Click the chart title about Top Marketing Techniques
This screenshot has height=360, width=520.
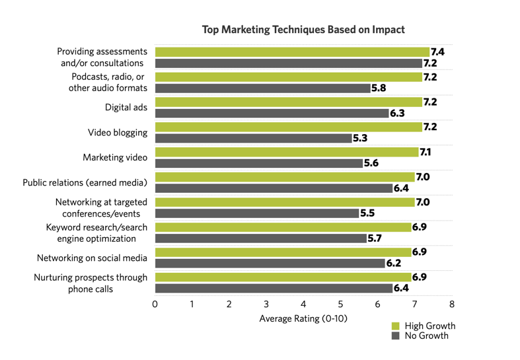click(x=303, y=30)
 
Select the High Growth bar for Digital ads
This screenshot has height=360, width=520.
click(x=288, y=102)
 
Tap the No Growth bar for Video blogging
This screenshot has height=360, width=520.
click(x=253, y=139)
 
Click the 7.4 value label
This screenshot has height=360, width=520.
click(x=437, y=52)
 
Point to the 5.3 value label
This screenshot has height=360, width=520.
click(x=359, y=139)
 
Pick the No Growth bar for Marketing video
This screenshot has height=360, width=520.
click(x=258, y=163)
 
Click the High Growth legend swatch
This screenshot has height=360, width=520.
click(x=396, y=326)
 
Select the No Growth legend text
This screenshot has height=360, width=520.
click(x=426, y=336)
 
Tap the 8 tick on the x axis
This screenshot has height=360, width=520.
click(x=452, y=305)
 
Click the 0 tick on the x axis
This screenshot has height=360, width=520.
click(x=155, y=305)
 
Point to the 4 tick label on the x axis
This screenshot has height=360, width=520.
click(x=303, y=305)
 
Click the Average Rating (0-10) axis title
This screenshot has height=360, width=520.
click(x=303, y=318)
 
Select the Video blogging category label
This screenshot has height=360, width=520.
click(x=118, y=133)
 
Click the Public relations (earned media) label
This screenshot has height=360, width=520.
click(x=85, y=182)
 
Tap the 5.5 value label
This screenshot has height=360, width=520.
click(x=367, y=213)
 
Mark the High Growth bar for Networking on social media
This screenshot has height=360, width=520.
click(x=283, y=252)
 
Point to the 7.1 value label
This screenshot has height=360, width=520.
click(x=426, y=152)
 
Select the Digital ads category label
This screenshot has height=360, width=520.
click(x=126, y=108)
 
